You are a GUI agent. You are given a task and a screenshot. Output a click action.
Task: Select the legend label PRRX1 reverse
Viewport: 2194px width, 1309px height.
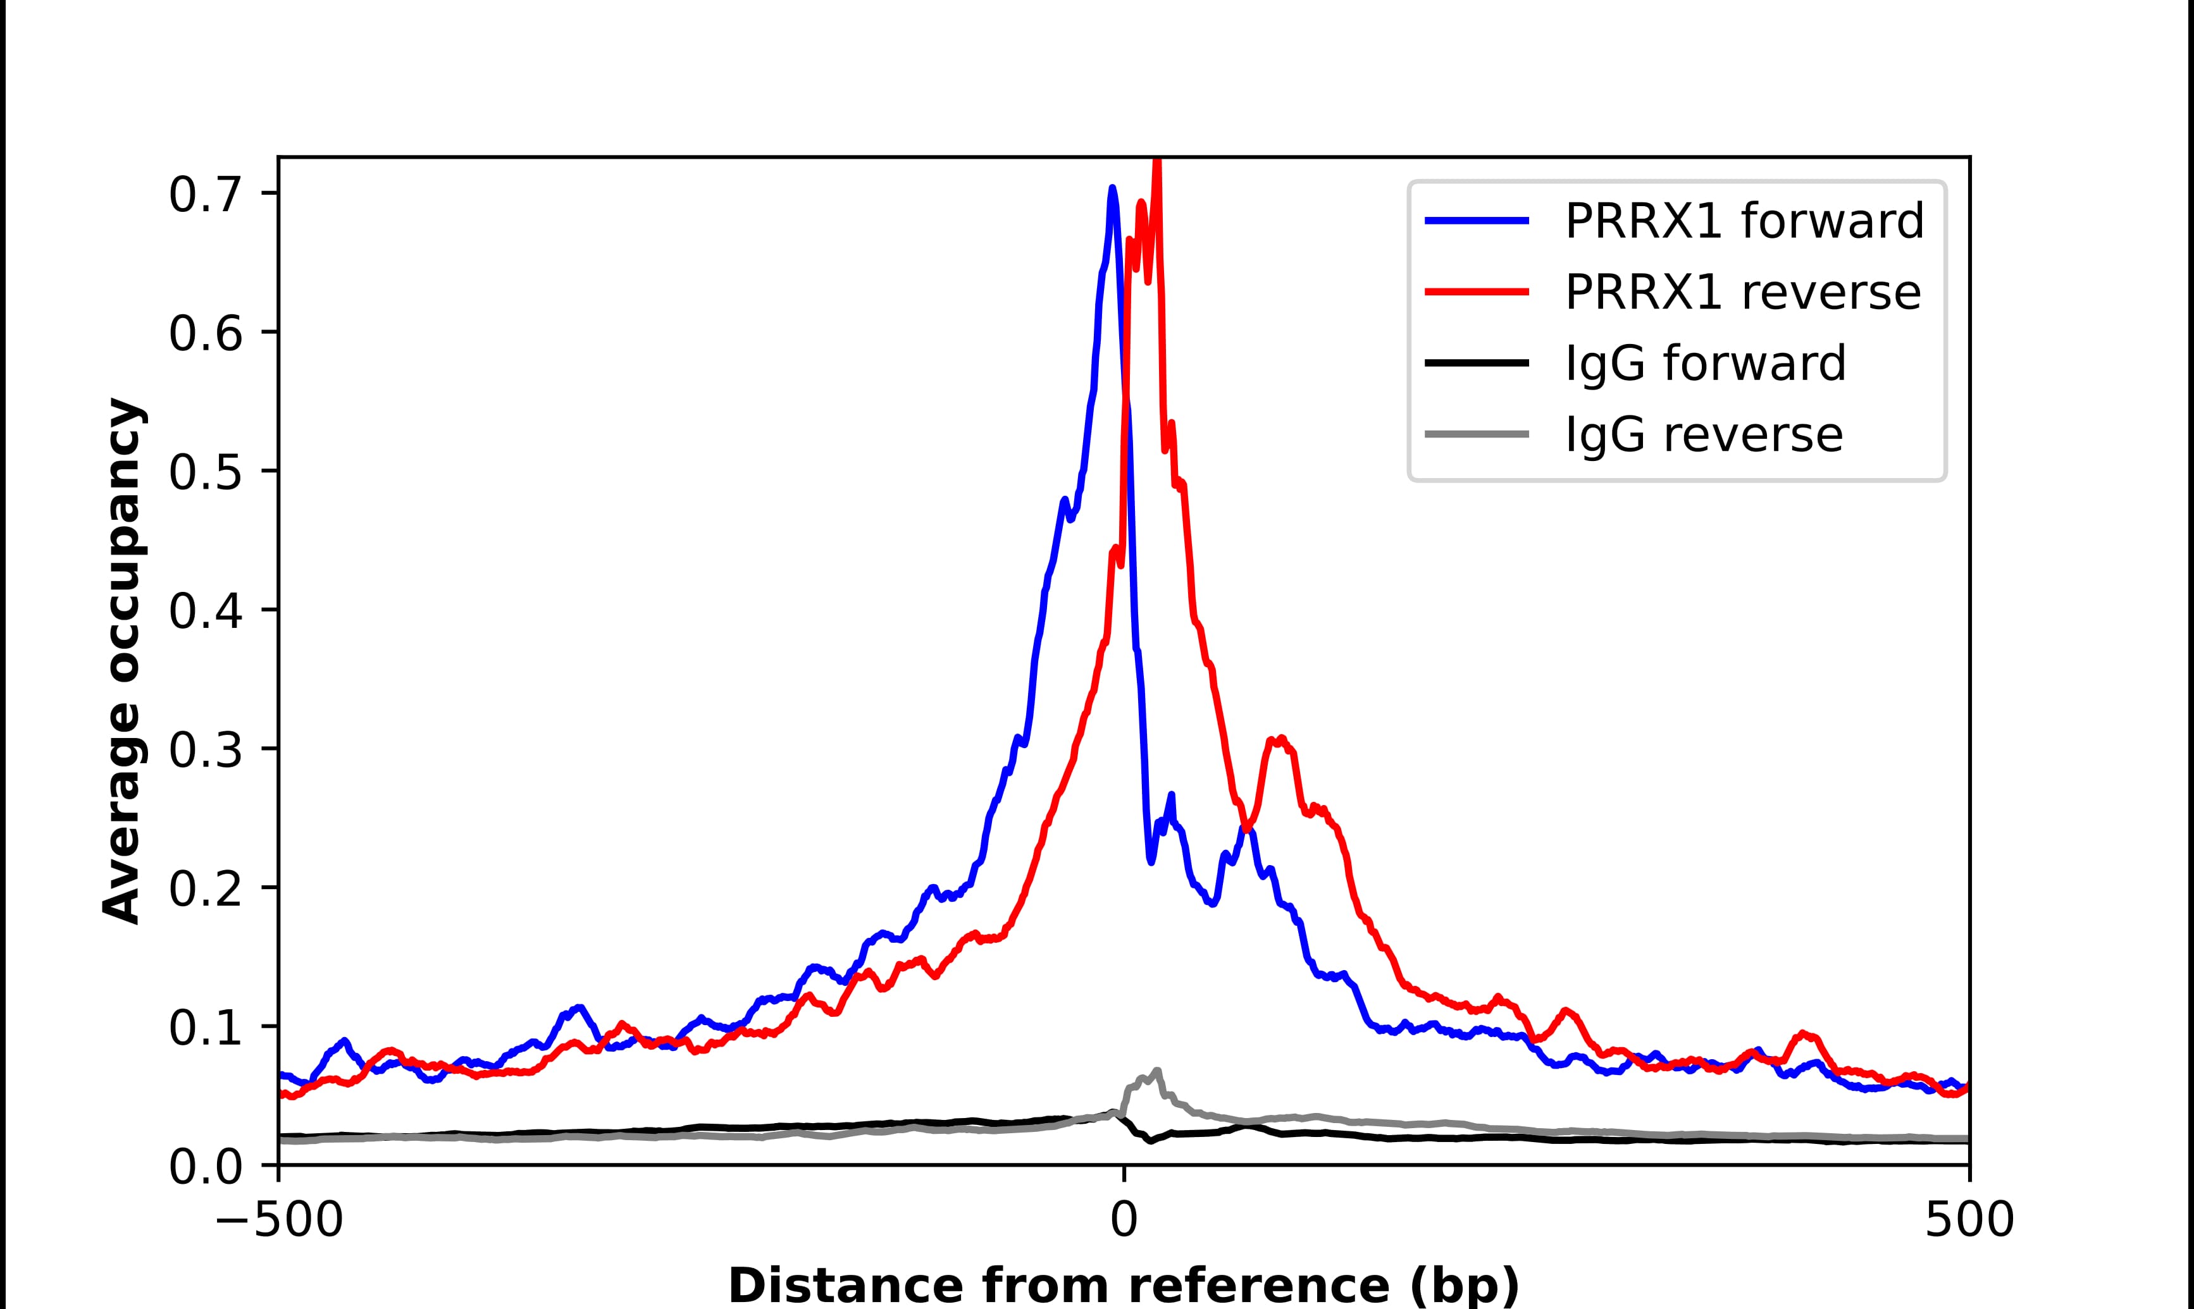(x=1742, y=292)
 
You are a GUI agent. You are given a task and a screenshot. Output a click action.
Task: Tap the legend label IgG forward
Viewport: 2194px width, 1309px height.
(x=1704, y=364)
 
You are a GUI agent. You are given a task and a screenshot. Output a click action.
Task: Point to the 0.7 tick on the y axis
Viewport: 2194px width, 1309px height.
(x=205, y=195)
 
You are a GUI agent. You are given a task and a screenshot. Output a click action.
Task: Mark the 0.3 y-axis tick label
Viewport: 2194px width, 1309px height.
(x=205, y=751)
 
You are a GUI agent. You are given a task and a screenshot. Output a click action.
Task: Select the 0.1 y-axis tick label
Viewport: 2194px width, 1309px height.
(x=205, y=1028)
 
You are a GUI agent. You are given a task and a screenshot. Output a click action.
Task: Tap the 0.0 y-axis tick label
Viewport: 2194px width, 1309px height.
(x=205, y=1167)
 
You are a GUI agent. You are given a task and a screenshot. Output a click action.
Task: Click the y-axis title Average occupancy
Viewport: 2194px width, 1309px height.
(x=121, y=661)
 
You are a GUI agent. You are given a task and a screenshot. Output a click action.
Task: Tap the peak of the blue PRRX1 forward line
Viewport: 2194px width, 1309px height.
(x=1112, y=188)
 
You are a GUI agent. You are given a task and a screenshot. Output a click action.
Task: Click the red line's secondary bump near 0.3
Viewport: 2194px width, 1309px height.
(x=1280, y=739)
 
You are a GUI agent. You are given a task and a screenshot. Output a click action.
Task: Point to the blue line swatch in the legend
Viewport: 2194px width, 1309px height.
(x=1477, y=221)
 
